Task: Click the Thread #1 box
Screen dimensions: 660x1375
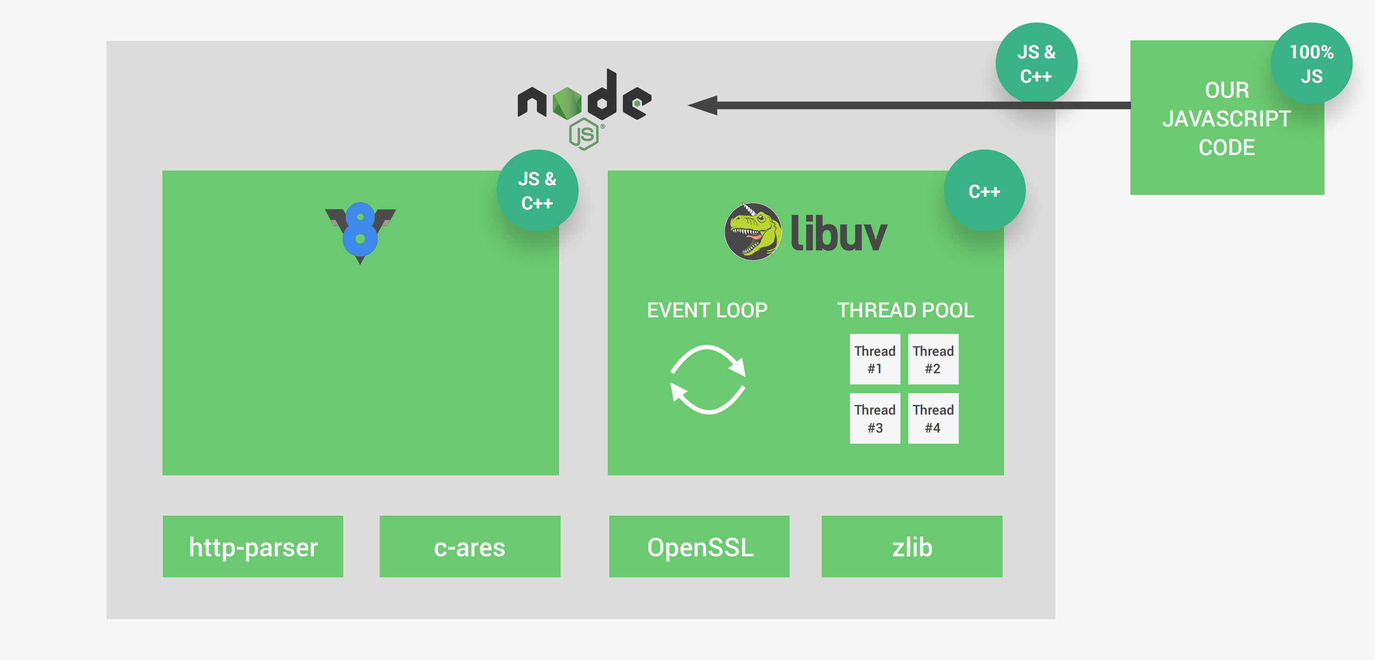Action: pos(874,359)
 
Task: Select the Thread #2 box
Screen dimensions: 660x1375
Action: pos(933,359)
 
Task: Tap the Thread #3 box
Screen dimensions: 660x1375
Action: pos(874,418)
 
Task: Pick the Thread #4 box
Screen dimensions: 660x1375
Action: pos(933,418)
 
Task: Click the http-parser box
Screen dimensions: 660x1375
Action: pos(253,546)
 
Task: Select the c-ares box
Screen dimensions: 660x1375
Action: pos(470,546)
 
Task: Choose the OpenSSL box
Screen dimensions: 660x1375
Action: pos(699,546)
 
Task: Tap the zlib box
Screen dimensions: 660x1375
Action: pos(912,546)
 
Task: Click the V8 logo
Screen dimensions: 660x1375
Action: pos(360,232)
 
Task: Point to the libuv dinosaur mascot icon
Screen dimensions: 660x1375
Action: pos(753,231)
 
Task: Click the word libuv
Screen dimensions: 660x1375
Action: pos(838,233)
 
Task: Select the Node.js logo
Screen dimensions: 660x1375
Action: pos(584,107)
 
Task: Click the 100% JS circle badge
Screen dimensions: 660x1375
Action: pos(1311,64)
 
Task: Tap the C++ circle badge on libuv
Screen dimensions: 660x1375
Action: pos(984,191)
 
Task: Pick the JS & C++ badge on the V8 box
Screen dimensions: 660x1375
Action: pos(537,191)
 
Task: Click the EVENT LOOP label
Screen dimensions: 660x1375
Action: pos(707,310)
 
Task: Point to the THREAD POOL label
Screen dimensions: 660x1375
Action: pos(905,310)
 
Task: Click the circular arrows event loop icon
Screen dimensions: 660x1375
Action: pos(708,380)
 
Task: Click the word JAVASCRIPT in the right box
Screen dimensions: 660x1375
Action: pos(1227,119)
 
